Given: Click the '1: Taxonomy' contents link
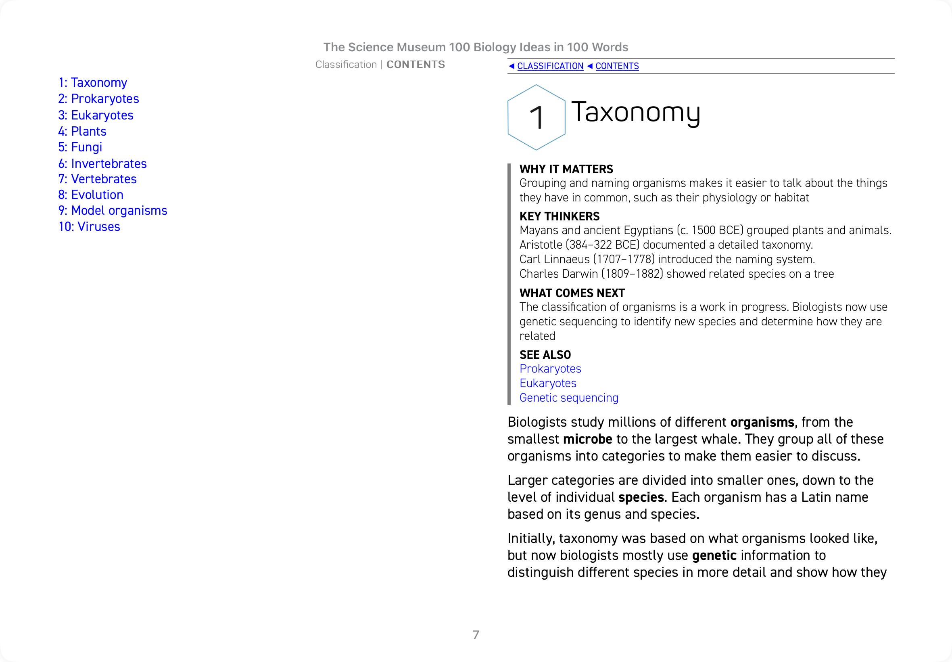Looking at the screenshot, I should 92,82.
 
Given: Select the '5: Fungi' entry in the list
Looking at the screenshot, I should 80,147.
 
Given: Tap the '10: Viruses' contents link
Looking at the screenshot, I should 89,227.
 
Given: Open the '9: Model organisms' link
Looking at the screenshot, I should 113,211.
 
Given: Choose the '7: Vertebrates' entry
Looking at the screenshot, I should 97,179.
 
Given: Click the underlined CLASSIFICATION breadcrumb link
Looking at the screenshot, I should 550,66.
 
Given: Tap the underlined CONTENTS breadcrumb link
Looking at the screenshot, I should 617,66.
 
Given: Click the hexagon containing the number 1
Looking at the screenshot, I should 536,117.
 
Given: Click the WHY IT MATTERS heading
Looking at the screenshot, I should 566,169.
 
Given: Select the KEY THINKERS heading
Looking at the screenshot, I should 560,216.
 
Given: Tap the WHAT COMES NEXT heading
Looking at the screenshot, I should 572,293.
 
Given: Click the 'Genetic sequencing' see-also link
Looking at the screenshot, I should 569,398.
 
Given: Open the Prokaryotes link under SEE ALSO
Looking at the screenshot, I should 550,369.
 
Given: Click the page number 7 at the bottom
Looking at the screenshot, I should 476,635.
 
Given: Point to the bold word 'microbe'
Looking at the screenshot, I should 587,439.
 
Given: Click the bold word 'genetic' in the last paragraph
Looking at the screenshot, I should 714,555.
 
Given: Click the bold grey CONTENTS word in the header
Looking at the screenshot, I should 416,65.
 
